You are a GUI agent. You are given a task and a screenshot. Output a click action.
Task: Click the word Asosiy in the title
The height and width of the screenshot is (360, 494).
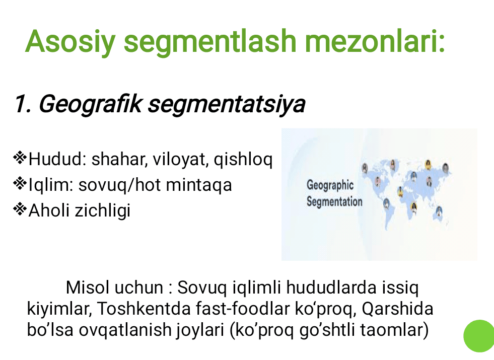(70, 42)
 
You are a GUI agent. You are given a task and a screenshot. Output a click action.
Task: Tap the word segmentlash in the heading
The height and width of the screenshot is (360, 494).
(210, 42)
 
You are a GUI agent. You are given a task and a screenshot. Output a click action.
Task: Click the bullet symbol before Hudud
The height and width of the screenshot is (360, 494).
(20, 158)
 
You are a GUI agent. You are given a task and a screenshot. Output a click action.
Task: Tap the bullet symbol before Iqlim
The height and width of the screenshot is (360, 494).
(20, 184)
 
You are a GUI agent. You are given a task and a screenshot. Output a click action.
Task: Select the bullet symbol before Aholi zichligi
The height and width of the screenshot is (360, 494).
(20, 209)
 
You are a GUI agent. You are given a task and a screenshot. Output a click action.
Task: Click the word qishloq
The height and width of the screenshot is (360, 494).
(243, 160)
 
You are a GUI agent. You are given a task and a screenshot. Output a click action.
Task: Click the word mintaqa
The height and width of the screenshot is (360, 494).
(199, 185)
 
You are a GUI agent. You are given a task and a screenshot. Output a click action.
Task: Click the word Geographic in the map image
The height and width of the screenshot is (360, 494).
(330, 185)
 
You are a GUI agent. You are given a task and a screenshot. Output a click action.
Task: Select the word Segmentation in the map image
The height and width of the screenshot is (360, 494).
(334, 201)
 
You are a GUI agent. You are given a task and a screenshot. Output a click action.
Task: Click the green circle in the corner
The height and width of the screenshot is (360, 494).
(479, 336)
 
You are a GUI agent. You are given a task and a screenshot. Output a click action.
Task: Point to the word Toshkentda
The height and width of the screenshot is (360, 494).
(144, 309)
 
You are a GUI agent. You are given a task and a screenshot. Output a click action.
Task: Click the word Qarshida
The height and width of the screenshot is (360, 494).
(398, 309)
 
